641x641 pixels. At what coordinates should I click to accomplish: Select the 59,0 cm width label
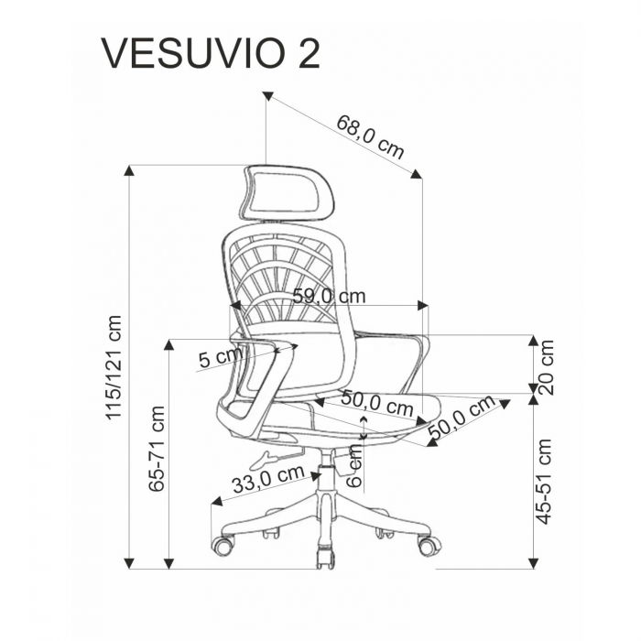point(329,296)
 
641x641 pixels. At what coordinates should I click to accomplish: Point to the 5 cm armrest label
point(221,357)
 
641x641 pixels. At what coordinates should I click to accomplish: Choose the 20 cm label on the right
point(546,366)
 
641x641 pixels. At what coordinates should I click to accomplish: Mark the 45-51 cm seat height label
point(546,481)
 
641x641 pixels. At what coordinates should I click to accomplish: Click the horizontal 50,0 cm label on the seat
point(377,403)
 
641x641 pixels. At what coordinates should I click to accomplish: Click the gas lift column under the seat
point(325,476)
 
